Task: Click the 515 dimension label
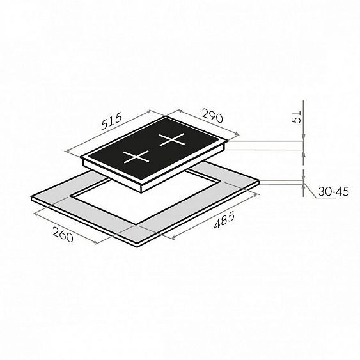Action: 112,121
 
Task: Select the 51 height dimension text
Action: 297,116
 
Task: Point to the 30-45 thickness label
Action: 333,191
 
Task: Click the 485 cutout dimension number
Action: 224,221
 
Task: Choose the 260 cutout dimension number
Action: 63,234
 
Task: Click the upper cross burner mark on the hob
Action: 172,139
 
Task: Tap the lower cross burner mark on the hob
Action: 136,157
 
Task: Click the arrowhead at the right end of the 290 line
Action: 237,134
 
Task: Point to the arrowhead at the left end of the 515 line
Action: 68,151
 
